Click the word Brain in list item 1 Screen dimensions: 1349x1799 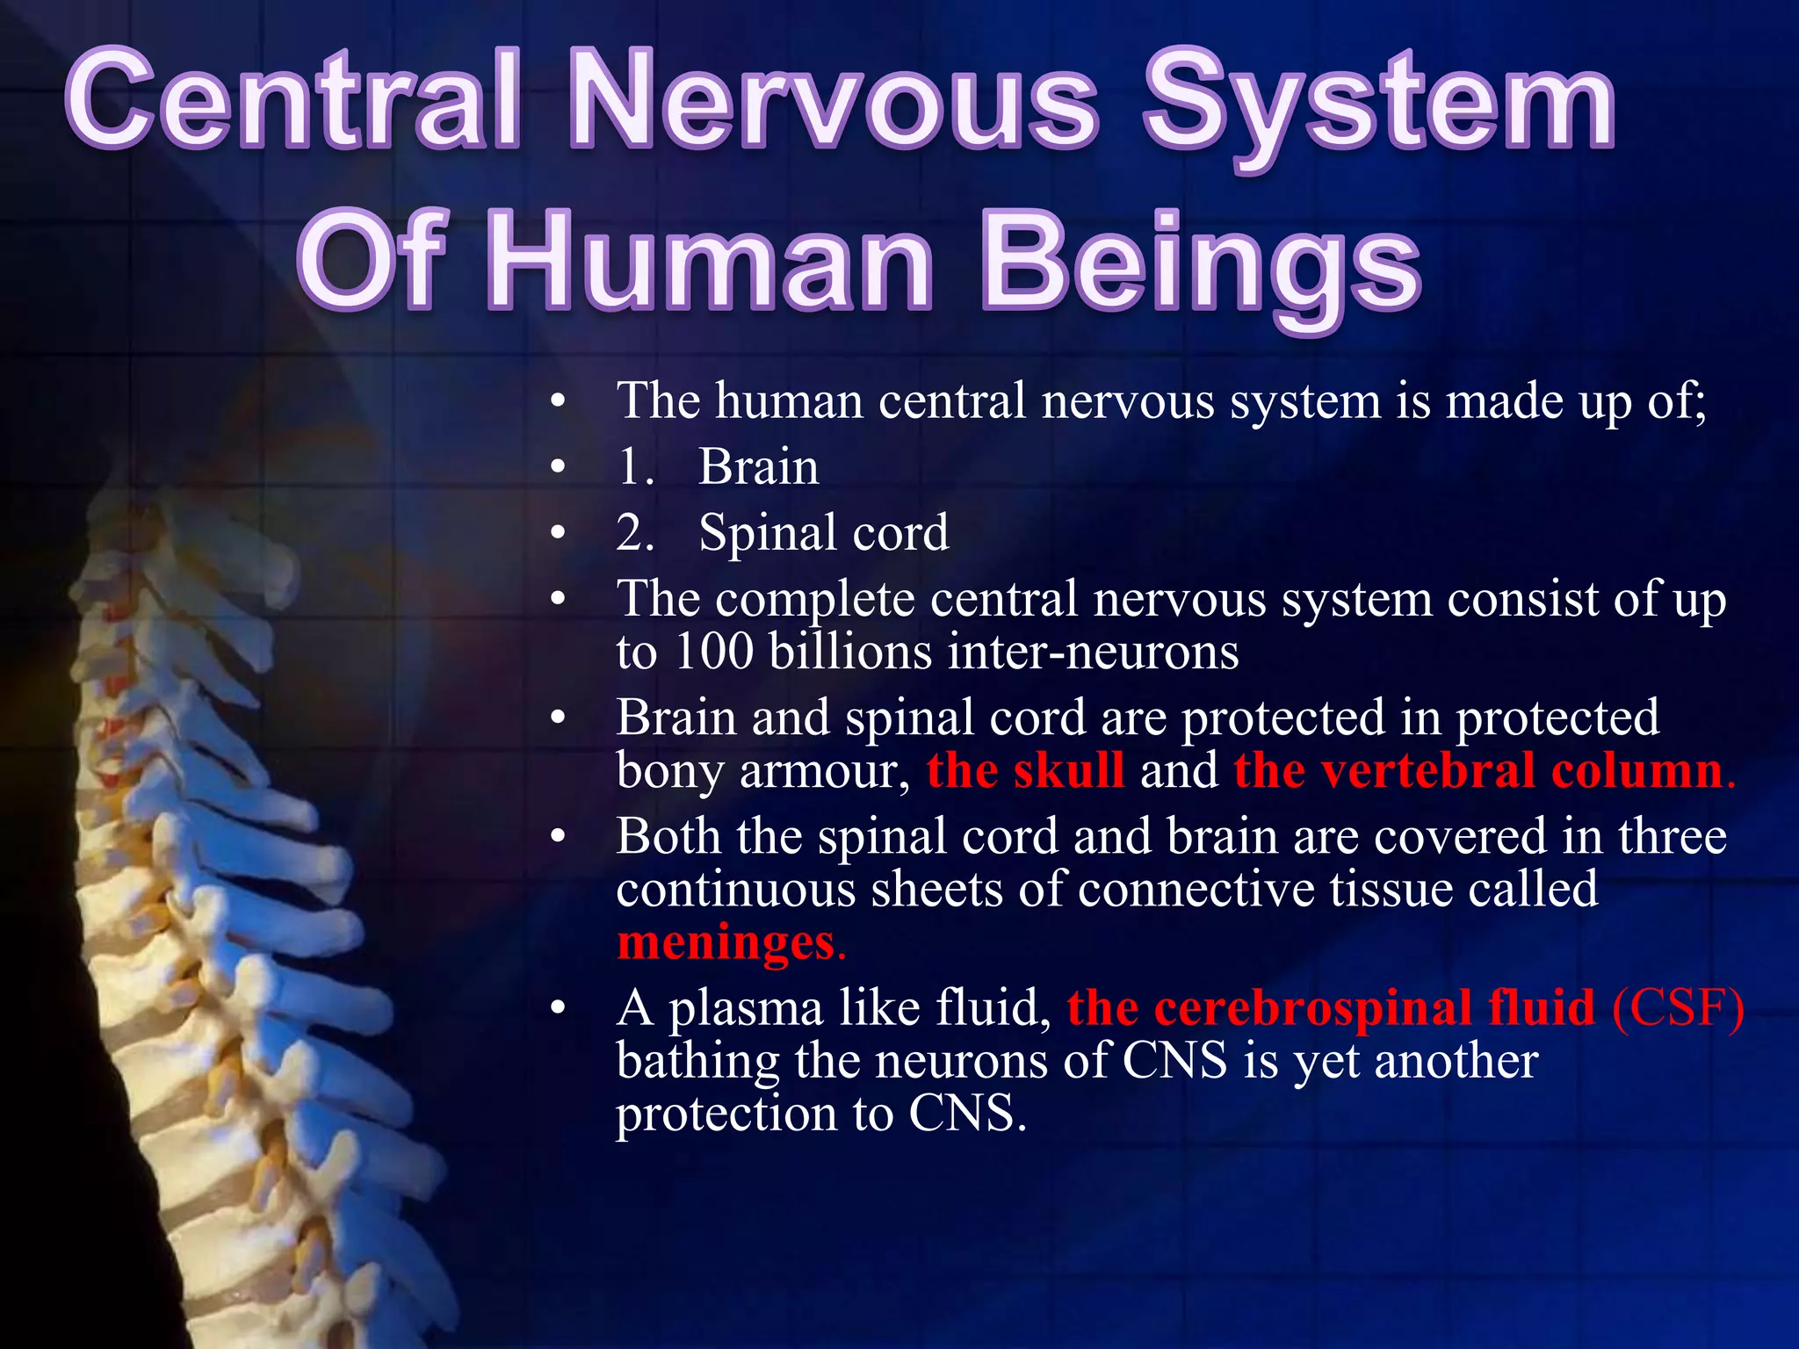[758, 466]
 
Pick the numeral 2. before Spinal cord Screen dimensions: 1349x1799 [635, 532]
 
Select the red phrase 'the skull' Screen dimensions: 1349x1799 [1025, 770]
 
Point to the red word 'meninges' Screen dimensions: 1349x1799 [726, 942]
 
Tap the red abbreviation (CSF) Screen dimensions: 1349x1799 [1678, 1007]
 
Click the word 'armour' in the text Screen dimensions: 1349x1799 [818, 772]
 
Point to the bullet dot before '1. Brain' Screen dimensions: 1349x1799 [557, 467]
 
